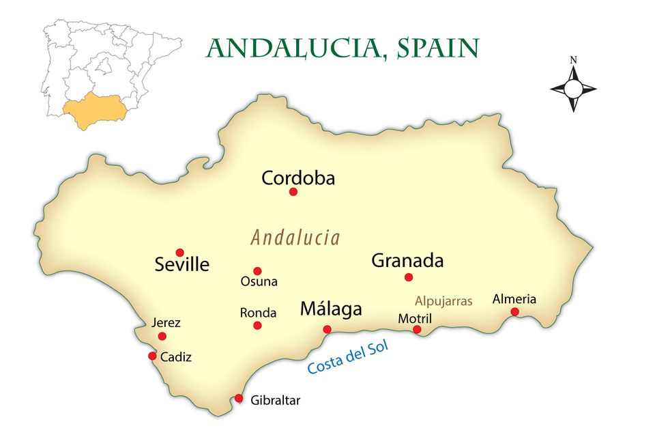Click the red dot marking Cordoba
293,192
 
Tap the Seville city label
182,265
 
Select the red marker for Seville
180,253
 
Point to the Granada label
407,260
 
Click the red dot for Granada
409,277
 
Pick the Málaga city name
331,309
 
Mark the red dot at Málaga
327,329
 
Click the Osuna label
259,281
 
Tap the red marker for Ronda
257,326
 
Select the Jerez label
166,323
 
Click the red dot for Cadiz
152,356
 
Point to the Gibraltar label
275,401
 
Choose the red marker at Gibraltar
239,398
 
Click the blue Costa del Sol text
347,357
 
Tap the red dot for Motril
417,330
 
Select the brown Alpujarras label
443,301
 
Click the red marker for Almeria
514,312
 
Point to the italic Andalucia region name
295,238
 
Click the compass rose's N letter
573,60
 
